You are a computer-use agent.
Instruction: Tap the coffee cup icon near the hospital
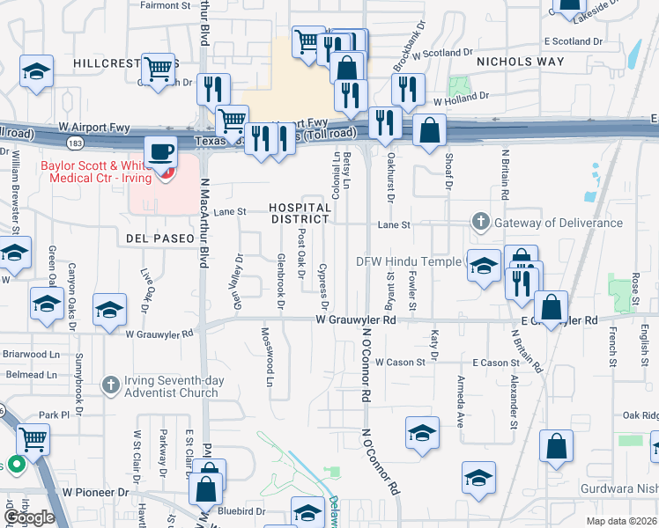click(161, 151)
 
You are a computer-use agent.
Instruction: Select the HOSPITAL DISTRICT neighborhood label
click(300, 213)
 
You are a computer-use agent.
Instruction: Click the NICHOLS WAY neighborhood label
click(520, 62)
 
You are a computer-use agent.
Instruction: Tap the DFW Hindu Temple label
click(408, 261)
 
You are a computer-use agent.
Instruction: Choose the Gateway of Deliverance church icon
click(480, 222)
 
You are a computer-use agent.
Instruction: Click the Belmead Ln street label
click(31, 374)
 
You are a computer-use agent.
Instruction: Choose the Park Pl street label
click(53, 414)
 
